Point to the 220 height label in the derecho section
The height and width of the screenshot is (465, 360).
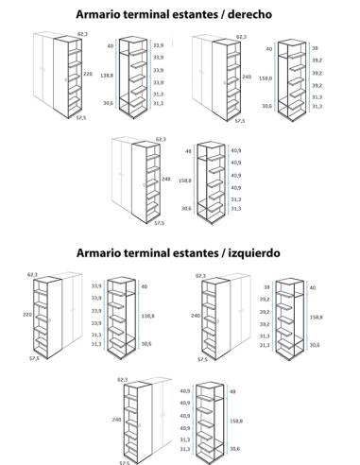(x=88, y=73)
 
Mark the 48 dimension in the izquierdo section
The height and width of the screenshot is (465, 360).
(x=233, y=390)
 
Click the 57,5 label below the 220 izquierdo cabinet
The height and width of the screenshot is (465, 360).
(x=34, y=359)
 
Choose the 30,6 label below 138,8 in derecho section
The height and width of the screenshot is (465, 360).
(x=108, y=103)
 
